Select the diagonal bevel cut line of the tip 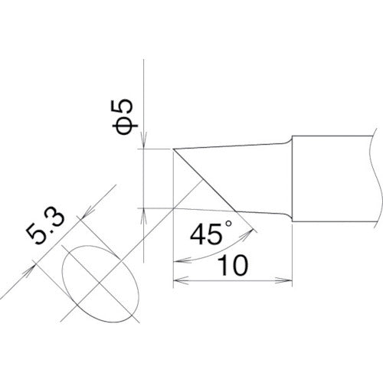[x=203, y=178]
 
